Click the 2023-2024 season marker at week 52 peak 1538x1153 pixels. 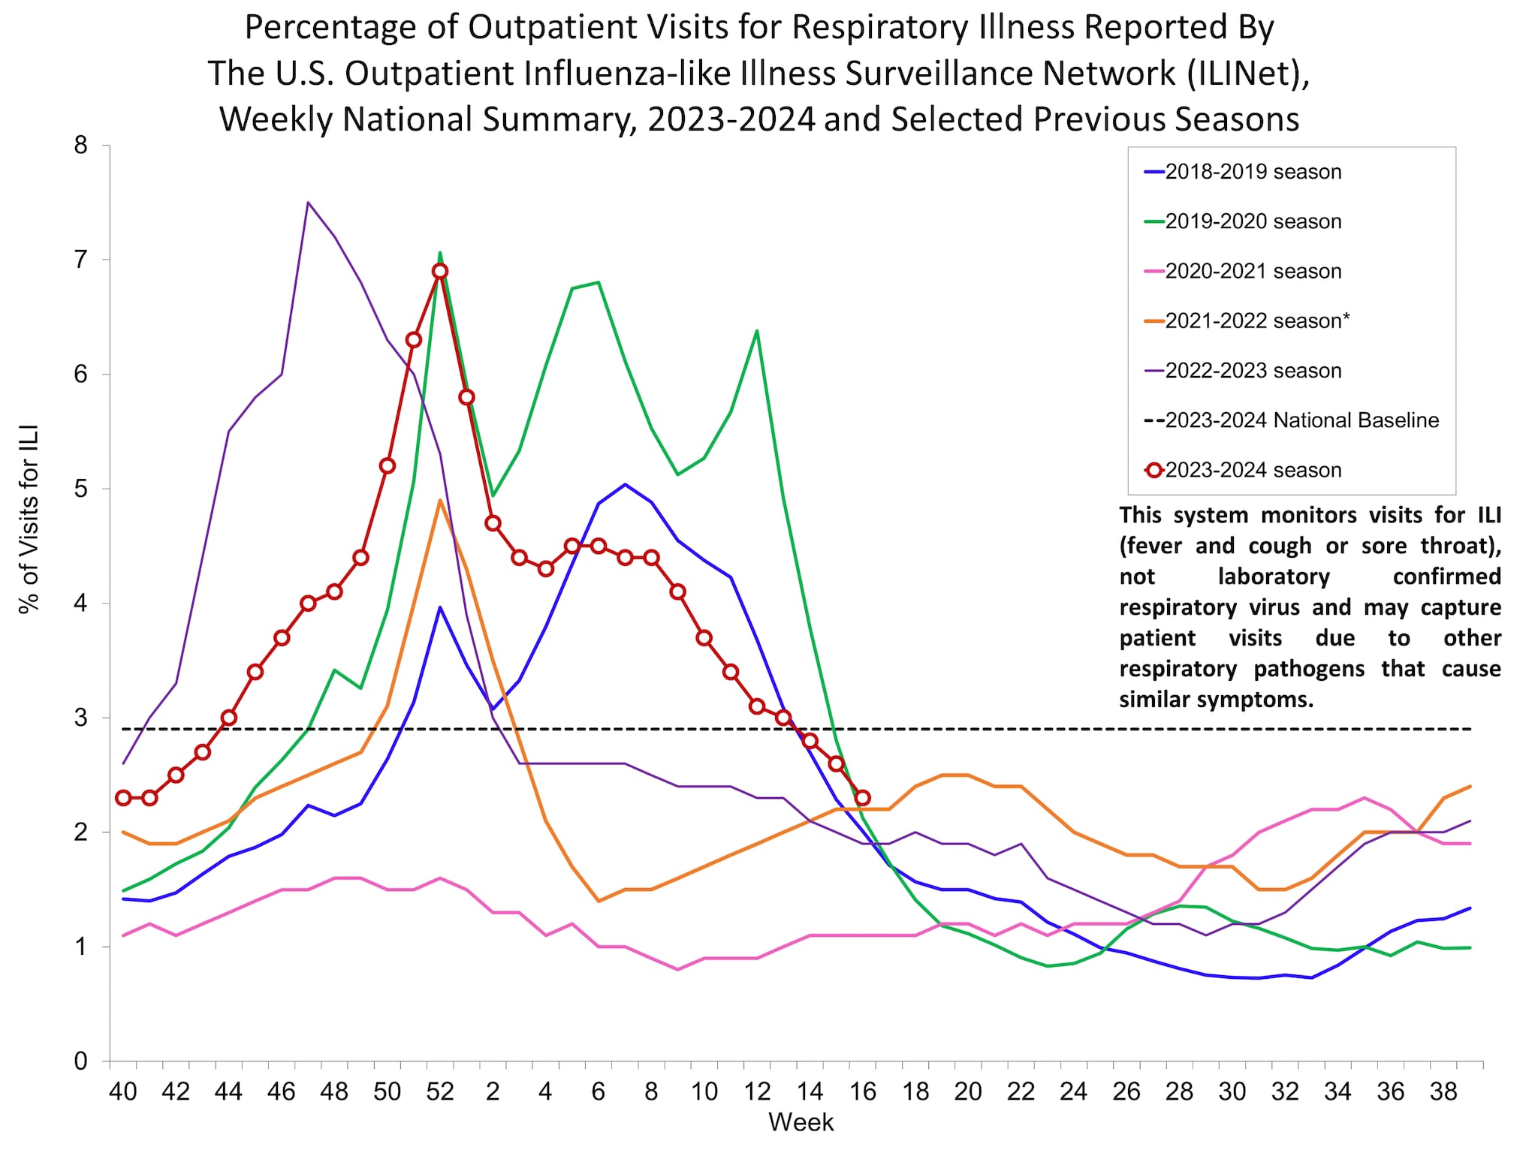point(440,271)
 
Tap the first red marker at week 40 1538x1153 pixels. point(123,798)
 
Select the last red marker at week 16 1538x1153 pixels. point(862,798)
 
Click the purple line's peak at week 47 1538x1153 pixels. point(308,202)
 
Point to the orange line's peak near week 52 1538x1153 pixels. point(440,500)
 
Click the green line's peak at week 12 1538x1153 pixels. point(756,330)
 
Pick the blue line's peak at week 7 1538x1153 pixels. point(625,484)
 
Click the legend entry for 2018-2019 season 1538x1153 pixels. point(1253,172)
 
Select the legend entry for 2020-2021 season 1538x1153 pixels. point(1253,271)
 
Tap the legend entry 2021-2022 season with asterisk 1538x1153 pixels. point(1257,321)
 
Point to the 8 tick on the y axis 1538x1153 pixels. point(81,146)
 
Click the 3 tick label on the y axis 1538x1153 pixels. point(81,718)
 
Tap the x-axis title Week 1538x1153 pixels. point(801,1122)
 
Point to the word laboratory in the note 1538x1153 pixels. point(1274,576)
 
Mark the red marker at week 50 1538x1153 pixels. point(388,465)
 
